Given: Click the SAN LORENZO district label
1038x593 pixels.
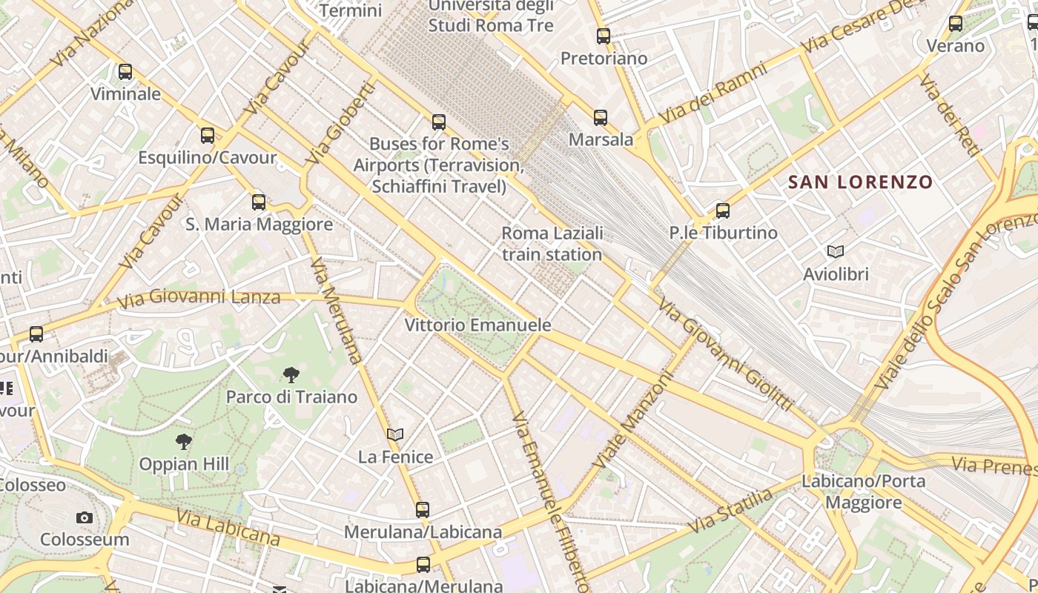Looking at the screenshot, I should pyautogui.click(x=860, y=182).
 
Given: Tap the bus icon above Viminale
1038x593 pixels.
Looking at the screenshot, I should pyautogui.click(x=125, y=72).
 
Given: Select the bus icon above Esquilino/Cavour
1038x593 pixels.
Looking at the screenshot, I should pyautogui.click(x=208, y=136).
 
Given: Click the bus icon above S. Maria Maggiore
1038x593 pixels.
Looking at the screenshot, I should pyautogui.click(x=259, y=202).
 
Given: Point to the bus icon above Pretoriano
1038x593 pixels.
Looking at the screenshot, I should pyautogui.click(x=604, y=36).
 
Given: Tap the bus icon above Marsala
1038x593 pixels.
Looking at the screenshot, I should pyautogui.click(x=601, y=117).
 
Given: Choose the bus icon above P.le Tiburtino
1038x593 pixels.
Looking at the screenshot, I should pyautogui.click(x=723, y=211).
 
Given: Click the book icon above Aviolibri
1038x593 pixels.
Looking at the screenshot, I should pyautogui.click(x=836, y=252).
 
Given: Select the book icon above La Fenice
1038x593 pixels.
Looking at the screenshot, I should pyautogui.click(x=396, y=434).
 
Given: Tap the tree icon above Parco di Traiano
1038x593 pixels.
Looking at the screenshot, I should pyautogui.click(x=291, y=374).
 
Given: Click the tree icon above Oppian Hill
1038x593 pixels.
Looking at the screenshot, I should pyautogui.click(x=184, y=442).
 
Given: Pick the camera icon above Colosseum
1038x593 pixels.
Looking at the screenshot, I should pyautogui.click(x=85, y=517).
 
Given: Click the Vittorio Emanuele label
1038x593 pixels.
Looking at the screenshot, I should pyautogui.click(x=477, y=325).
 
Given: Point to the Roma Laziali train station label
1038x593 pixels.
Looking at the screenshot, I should pyautogui.click(x=552, y=244).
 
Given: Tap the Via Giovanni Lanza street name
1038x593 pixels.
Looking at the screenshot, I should pyautogui.click(x=199, y=298).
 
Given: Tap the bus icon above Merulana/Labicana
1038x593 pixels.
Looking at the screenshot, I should pyautogui.click(x=423, y=510).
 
